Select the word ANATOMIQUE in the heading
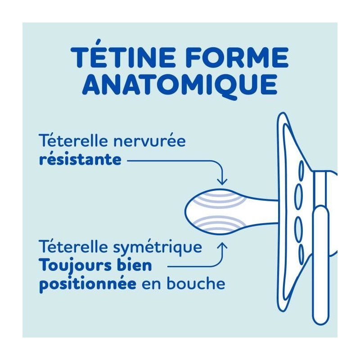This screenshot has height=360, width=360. point(180,85)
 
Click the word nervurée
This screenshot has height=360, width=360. point(150,141)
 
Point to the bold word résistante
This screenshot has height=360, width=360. point(80,159)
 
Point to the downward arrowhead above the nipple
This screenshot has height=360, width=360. point(222,182)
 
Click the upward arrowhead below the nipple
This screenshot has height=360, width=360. point(222,246)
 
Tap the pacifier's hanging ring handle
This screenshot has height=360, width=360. point(320,264)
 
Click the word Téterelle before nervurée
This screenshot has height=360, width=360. point(73,141)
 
